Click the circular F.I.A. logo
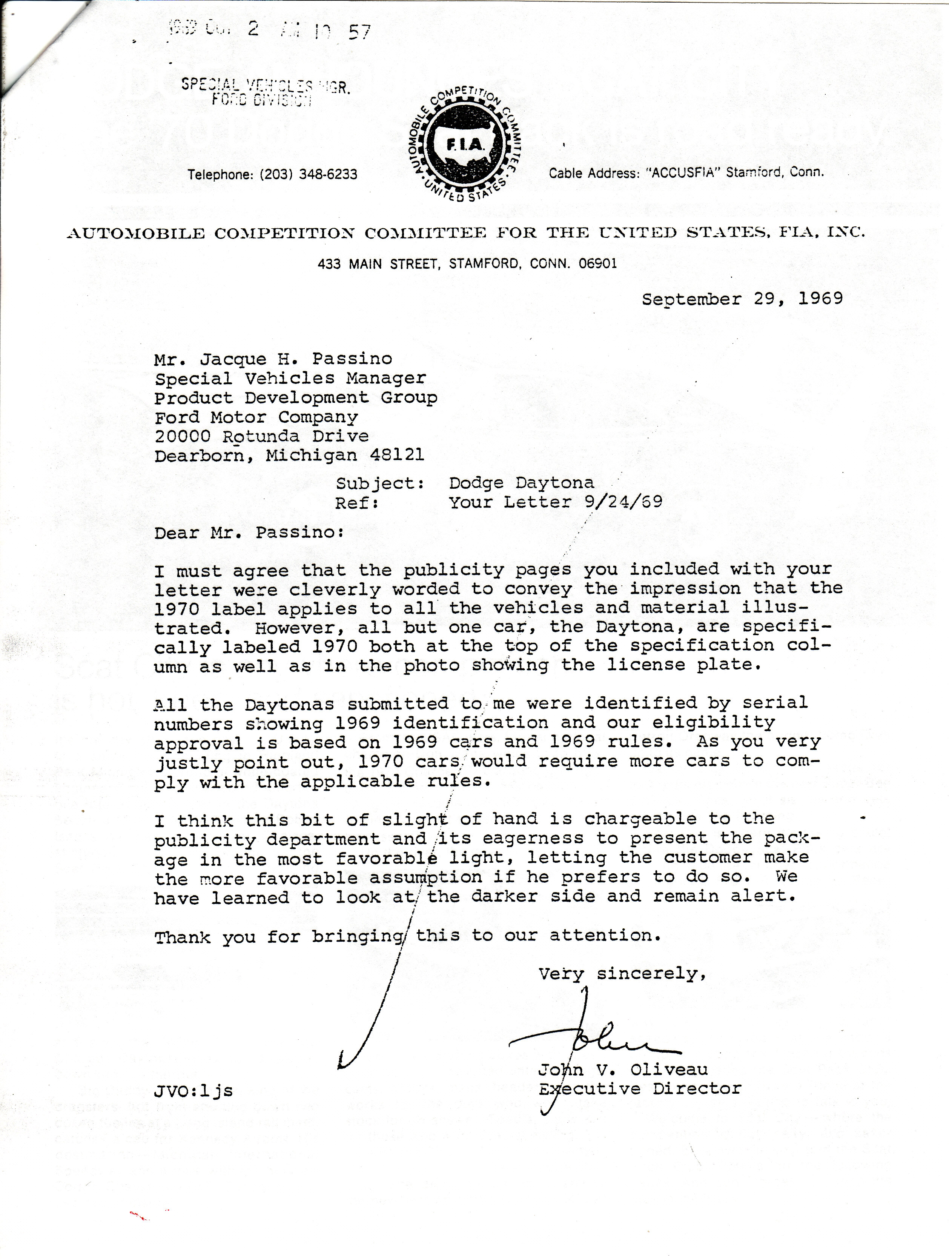[467, 146]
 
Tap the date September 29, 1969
[742, 299]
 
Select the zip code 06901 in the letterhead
[597, 264]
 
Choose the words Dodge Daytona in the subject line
[521, 483]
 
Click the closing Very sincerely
[622, 974]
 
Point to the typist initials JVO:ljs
[193, 1091]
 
